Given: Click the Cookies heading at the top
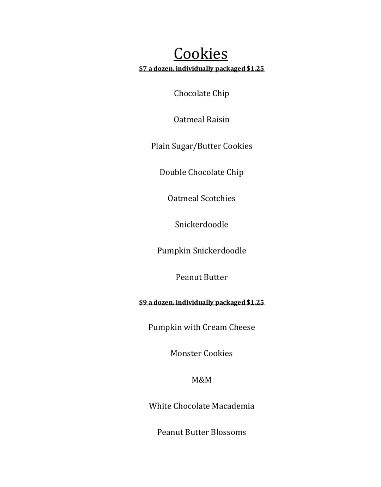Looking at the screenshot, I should pyautogui.click(x=200, y=54).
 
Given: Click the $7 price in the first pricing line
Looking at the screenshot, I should pyautogui.click(x=143, y=68).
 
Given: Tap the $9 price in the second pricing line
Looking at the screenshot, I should pyautogui.click(x=143, y=302).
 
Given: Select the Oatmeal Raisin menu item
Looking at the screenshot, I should pyautogui.click(x=201, y=119).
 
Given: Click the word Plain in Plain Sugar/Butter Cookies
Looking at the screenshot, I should pyautogui.click(x=161, y=146).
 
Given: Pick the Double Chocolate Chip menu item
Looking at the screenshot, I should pyautogui.click(x=201, y=172).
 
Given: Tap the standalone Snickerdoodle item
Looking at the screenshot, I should pyautogui.click(x=201, y=224).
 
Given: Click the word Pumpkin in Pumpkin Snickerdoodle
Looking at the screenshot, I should pyautogui.click(x=174, y=251).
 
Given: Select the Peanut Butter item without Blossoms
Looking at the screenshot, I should pyautogui.click(x=201, y=277).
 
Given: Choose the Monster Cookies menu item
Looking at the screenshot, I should pyautogui.click(x=201, y=353).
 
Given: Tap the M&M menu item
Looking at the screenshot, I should pyautogui.click(x=201, y=380).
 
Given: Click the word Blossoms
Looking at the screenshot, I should pyautogui.click(x=228, y=432).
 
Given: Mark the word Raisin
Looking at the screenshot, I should pyautogui.click(x=218, y=119).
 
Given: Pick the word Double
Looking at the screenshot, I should pyautogui.click(x=173, y=172).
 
